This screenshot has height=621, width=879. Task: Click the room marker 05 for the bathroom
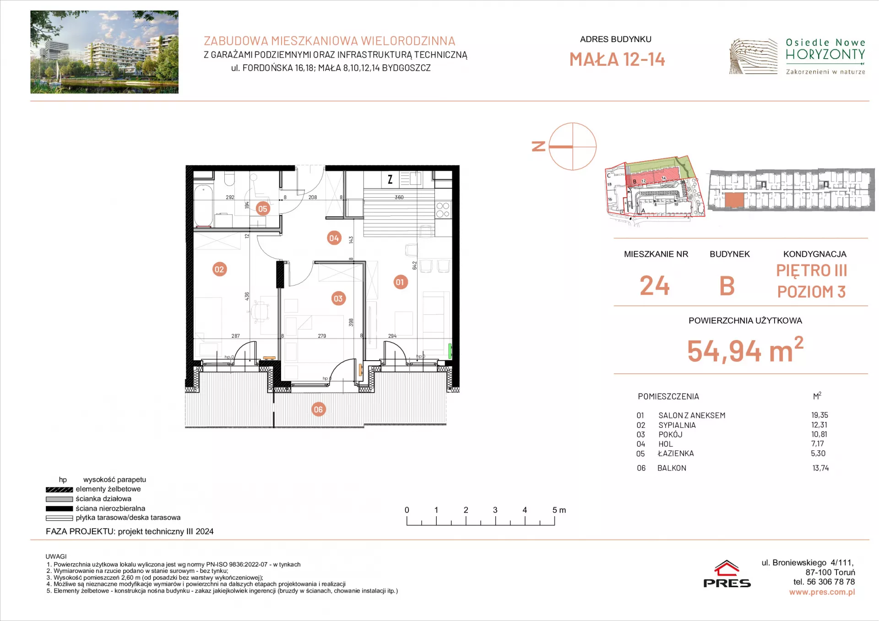262,209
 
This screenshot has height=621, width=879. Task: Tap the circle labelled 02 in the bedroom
219,269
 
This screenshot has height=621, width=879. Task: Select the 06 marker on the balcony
318,409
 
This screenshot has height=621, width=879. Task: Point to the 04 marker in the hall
334,238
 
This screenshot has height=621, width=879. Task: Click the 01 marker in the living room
400,282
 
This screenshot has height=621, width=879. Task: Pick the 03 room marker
338,298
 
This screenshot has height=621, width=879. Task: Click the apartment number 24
655,286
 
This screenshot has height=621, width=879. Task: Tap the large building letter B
727,286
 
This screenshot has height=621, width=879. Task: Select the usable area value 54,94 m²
745,351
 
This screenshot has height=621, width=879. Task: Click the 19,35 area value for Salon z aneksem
819,415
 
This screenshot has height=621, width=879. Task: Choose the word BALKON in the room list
672,468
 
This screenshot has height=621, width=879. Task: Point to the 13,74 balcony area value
820,468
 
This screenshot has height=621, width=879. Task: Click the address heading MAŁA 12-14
617,59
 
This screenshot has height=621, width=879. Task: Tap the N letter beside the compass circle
538,146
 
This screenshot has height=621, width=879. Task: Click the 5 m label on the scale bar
559,510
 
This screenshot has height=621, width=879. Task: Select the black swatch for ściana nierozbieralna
59,508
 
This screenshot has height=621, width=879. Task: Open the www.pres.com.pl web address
822,592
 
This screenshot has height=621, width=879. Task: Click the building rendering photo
104,52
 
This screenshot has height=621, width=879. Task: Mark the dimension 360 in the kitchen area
399,197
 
